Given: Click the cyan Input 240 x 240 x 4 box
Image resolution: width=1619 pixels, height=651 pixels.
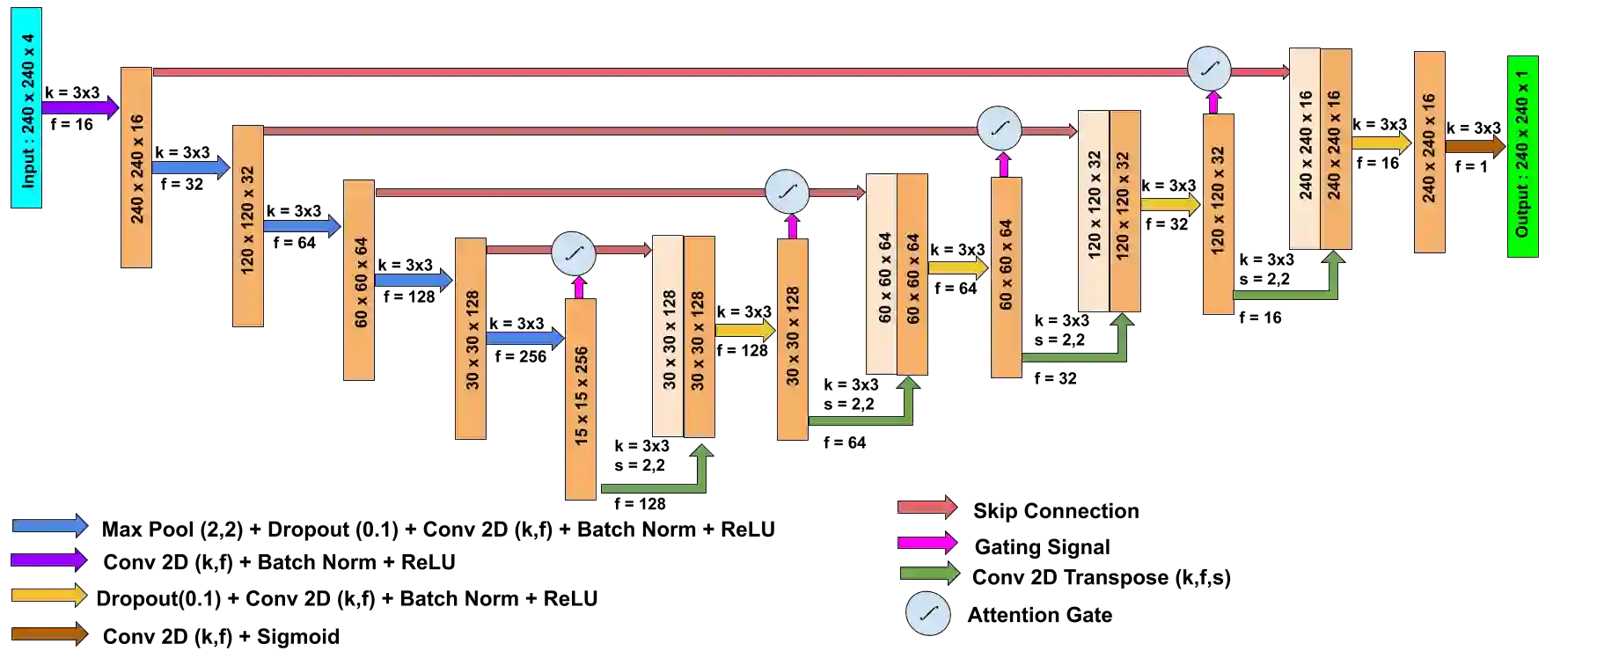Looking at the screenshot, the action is (x=26, y=108).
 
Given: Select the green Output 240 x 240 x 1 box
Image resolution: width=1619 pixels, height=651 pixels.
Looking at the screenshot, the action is (x=1523, y=157).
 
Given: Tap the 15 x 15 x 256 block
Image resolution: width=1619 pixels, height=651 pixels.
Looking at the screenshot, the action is (x=581, y=398).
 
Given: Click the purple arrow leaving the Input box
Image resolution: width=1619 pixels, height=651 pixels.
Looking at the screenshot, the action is (x=79, y=107).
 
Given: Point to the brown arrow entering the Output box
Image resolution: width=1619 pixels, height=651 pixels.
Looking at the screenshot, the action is (x=1475, y=146).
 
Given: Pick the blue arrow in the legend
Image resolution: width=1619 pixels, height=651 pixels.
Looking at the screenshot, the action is (x=49, y=526).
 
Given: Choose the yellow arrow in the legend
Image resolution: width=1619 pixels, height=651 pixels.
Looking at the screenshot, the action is (x=49, y=596).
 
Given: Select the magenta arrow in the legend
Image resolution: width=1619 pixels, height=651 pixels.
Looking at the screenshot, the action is (x=927, y=542).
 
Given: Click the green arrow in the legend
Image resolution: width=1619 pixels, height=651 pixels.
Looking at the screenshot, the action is (x=929, y=574).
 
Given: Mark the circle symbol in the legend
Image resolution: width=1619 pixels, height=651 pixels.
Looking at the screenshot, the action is (x=928, y=613).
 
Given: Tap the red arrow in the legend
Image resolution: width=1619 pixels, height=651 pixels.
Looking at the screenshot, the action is (x=927, y=507).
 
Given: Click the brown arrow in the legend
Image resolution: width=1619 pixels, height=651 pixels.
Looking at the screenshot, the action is (x=49, y=633).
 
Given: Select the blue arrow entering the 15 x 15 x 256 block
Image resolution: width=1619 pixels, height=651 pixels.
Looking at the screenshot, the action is (x=524, y=338).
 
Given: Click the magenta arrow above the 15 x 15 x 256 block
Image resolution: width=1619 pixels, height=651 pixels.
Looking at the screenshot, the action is (x=578, y=288).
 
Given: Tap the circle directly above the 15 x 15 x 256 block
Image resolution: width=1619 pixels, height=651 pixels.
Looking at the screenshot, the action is (x=574, y=254).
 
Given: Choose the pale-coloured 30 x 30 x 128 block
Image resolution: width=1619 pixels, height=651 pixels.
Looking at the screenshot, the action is (x=668, y=335).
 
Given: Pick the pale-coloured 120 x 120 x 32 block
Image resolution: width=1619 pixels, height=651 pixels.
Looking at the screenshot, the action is (x=1094, y=210).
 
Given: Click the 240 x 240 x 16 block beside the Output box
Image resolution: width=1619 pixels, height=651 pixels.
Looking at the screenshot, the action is (x=1430, y=151).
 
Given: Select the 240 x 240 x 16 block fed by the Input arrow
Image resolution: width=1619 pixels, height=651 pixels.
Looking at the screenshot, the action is (x=136, y=166).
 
